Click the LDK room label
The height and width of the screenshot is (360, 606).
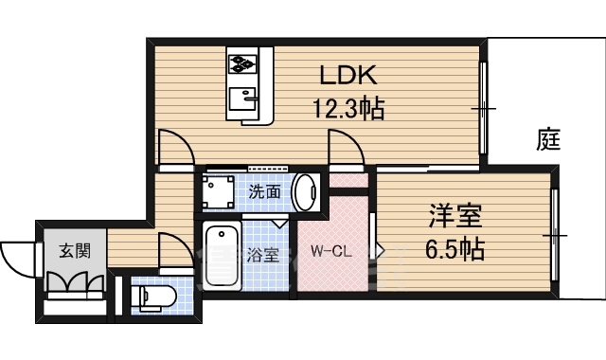pos(348,76)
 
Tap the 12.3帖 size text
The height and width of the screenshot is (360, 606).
pos(348,109)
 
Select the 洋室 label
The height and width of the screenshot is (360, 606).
pos(455,216)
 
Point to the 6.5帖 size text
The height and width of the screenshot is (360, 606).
pos(454,249)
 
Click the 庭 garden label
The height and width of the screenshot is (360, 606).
pos(548,139)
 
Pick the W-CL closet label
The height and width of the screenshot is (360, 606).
pos(331,252)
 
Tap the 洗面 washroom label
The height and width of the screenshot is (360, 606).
pos(264,191)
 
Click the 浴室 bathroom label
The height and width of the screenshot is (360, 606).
pos(263,255)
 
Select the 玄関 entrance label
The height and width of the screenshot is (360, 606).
pos(75,251)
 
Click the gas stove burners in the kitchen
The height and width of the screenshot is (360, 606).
pos(242,63)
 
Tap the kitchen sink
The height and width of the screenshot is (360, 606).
pos(243,99)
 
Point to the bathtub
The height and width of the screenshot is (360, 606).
pos(222,257)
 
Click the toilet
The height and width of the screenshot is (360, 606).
pos(153,297)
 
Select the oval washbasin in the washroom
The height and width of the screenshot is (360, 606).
pos(305,192)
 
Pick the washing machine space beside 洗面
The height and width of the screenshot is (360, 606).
pos(219,192)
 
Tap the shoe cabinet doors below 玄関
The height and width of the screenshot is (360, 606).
pos(76,282)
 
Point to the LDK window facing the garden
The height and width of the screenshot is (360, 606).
pos(483,108)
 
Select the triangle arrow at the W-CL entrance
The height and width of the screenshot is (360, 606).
pos(380,252)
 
